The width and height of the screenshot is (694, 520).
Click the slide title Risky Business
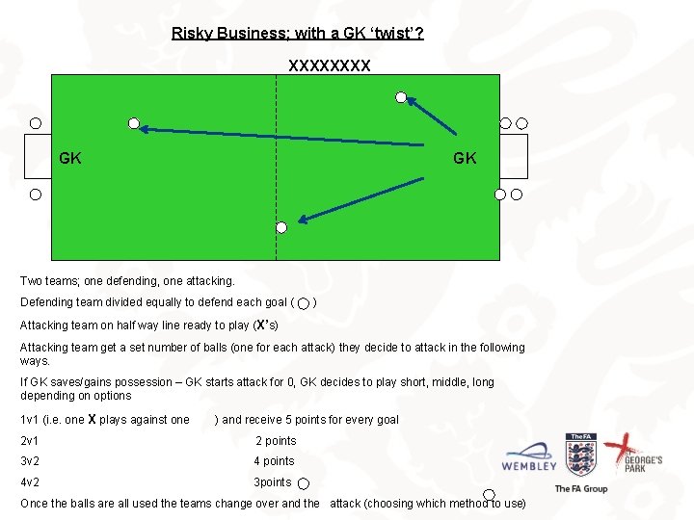297,33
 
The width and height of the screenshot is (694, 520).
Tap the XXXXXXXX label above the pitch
329,66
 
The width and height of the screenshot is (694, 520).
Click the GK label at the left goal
70,158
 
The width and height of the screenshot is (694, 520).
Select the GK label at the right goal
465,158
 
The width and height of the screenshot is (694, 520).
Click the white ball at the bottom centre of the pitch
281,227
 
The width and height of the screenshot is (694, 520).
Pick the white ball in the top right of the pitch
401,97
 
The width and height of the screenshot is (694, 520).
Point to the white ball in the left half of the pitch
135,123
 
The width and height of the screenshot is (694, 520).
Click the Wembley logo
529,457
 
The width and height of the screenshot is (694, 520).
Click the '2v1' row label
31,441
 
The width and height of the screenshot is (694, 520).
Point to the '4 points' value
274,461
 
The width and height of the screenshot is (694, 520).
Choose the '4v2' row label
31,482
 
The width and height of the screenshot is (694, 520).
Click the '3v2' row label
31,461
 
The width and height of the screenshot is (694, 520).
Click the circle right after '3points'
304,484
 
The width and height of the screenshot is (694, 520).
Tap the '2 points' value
276,441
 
